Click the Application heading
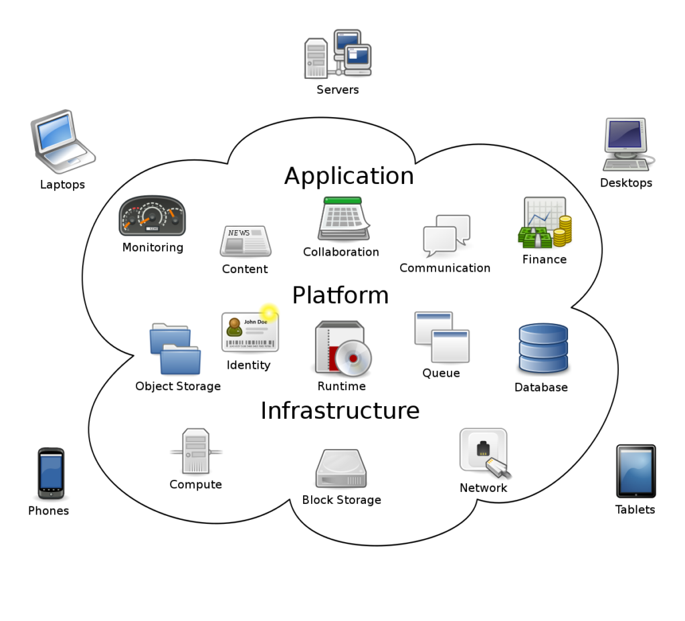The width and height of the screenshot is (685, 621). pyautogui.click(x=349, y=176)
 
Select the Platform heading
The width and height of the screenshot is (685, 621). pyautogui.click(x=340, y=295)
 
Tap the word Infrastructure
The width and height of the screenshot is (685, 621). pyautogui.click(x=340, y=410)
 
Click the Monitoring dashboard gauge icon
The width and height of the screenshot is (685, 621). pyautogui.click(x=152, y=216)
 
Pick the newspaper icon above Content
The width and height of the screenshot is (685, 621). pyautogui.click(x=245, y=241)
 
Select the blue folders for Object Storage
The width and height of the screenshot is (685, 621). pyautogui.click(x=175, y=349)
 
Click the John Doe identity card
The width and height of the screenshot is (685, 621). pyautogui.click(x=250, y=332)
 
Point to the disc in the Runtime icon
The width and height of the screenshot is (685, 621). pyautogui.click(x=353, y=358)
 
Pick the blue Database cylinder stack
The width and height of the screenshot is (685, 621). pyautogui.click(x=543, y=348)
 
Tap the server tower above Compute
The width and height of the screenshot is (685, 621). pyautogui.click(x=196, y=452)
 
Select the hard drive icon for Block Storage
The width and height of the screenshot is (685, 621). pyautogui.click(x=341, y=469)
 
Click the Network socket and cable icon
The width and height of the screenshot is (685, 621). pyautogui.click(x=484, y=453)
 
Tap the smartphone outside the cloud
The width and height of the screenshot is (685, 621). pyautogui.click(x=51, y=473)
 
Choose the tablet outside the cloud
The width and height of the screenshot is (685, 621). pyautogui.click(x=635, y=471)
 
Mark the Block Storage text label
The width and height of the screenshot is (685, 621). pyautogui.click(x=341, y=500)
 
